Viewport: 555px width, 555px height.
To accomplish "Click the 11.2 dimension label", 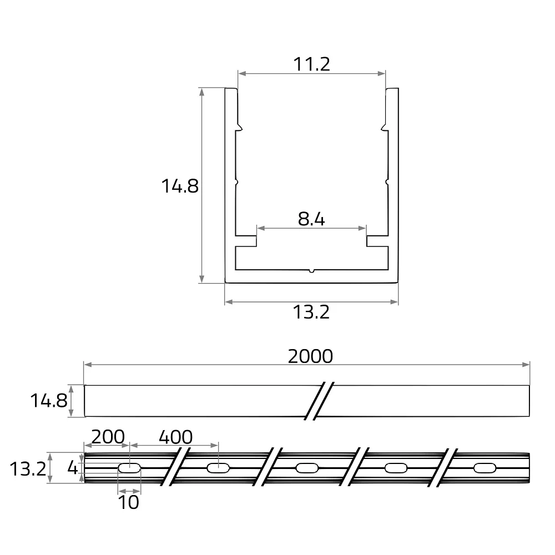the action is click(311, 64).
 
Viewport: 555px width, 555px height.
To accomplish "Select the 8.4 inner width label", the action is click(311, 219).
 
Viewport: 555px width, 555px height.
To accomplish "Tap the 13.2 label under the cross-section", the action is click(311, 312).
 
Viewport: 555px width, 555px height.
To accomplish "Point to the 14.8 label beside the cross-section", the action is click(180, 186).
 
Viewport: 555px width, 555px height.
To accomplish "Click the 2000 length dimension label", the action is click(310, 356).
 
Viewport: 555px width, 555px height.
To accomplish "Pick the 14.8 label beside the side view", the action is click(49, 401).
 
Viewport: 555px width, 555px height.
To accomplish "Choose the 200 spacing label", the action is click(108, 437).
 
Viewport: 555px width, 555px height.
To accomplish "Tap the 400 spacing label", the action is click(175, 437).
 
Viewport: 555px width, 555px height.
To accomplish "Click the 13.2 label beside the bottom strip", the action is click(28, 469).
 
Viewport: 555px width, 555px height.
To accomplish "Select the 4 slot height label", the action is click(73, 468).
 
